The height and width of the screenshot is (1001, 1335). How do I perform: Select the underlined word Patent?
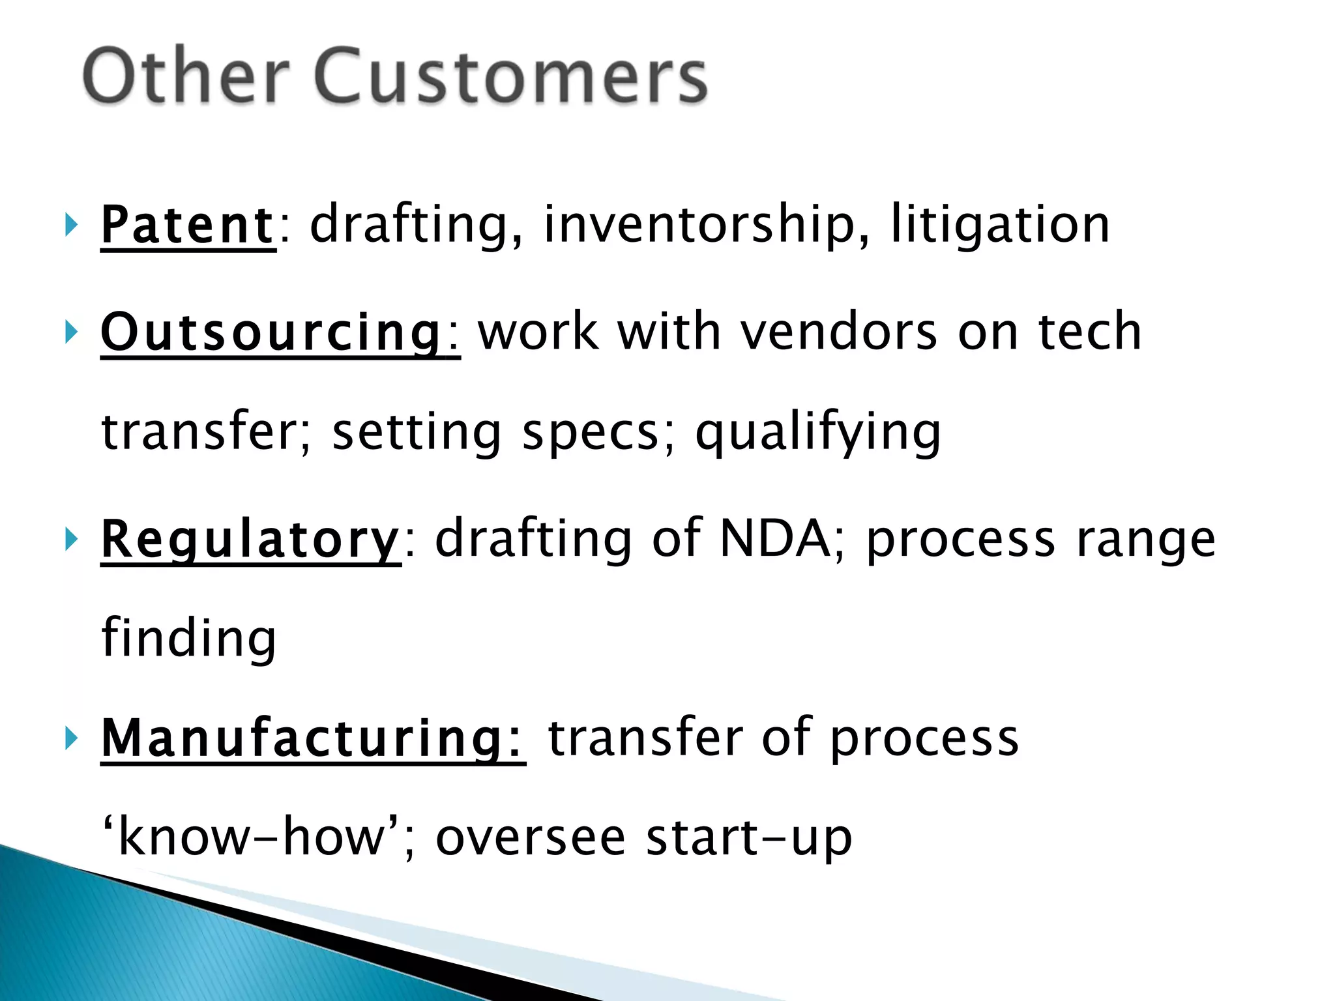click(188, 225)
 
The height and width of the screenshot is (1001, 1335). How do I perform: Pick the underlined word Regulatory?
click(250, 540)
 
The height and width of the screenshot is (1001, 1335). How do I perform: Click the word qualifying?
click(818, 433)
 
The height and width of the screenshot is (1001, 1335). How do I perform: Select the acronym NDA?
click(773, 540)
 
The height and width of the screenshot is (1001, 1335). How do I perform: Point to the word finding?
click(189, 639)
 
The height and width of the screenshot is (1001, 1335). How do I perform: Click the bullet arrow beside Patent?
click(71, 225)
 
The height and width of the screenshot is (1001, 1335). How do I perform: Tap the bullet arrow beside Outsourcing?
click(71, 333)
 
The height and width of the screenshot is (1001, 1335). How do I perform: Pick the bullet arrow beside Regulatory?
click(71, 540)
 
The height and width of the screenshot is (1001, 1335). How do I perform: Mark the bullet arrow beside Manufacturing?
click(71, 738)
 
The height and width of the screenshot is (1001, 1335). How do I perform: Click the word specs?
click(591, 433)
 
